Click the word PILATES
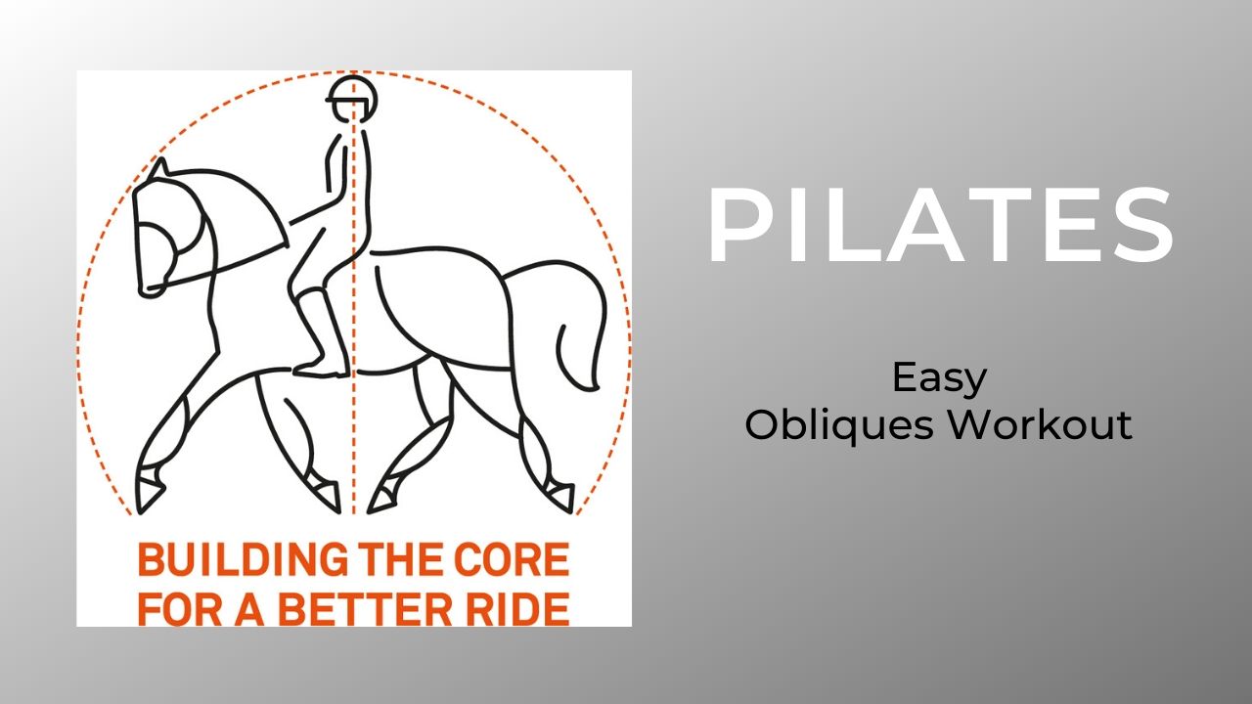[x=939, y=227]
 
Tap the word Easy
[x=939, y=377]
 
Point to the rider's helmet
[x=351, y=94]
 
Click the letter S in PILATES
[x=1140, y=227]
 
